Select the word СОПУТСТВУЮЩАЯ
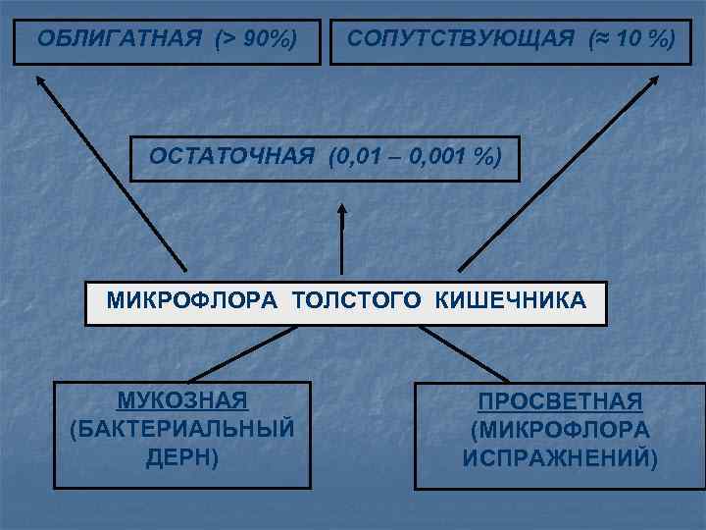click(460, 39)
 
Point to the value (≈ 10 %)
click(630, 39)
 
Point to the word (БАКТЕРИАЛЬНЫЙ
click(182, 429)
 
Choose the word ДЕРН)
click(182, 456)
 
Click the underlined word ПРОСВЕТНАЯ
click(560, 402)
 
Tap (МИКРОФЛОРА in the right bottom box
click(560, 430)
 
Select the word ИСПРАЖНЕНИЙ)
click(560, 457)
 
